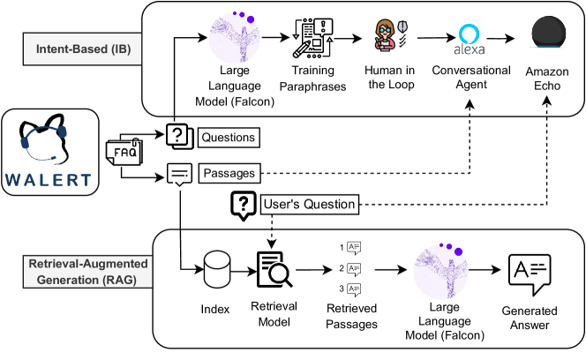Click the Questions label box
[x=229, y=137]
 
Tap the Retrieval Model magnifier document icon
[x=276, y=268]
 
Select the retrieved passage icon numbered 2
[x=354, y=268]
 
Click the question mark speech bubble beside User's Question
[x=242, y=205]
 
